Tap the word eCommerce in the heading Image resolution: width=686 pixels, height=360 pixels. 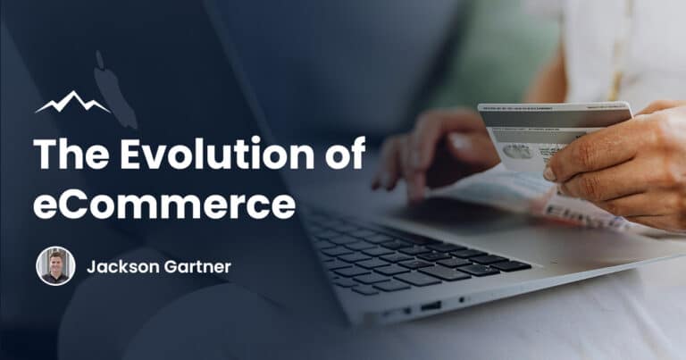164,204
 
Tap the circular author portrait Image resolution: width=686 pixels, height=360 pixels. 55,266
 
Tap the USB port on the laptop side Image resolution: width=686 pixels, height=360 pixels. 431,306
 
